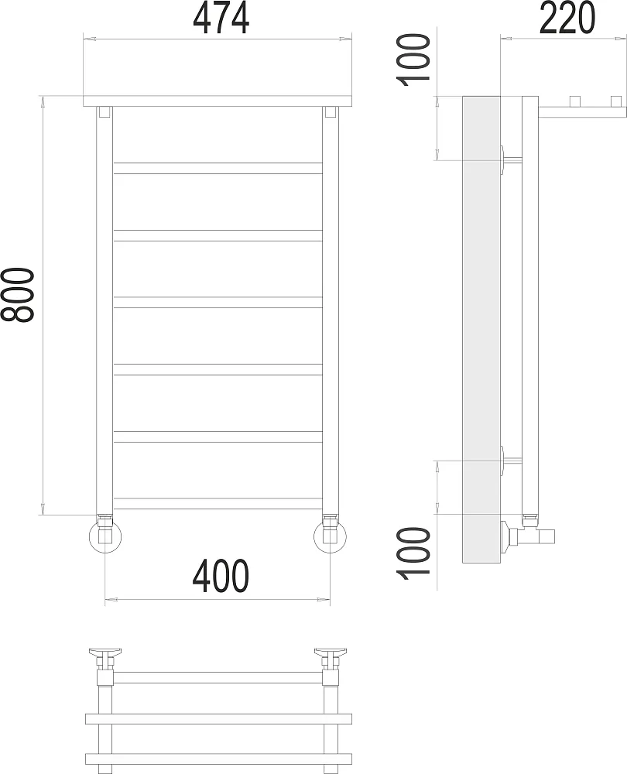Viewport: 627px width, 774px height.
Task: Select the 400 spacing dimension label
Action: pyautogui.click(x=221, y=577)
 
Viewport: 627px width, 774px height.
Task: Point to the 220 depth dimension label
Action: pyautogui.click(x=567, y=18)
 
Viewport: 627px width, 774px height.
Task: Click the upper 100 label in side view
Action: pyautogui.click(x=414, y=60)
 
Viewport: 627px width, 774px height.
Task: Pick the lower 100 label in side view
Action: pyautogui.click(x=414, y=553)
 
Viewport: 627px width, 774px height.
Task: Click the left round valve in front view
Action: pyautogui.click(x=105, y=536)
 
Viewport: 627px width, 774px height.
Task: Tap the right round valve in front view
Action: pyautogui.click(x=331, y=536)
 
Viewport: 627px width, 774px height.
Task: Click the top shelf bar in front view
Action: pyautogui.click(x=218, y=101)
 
